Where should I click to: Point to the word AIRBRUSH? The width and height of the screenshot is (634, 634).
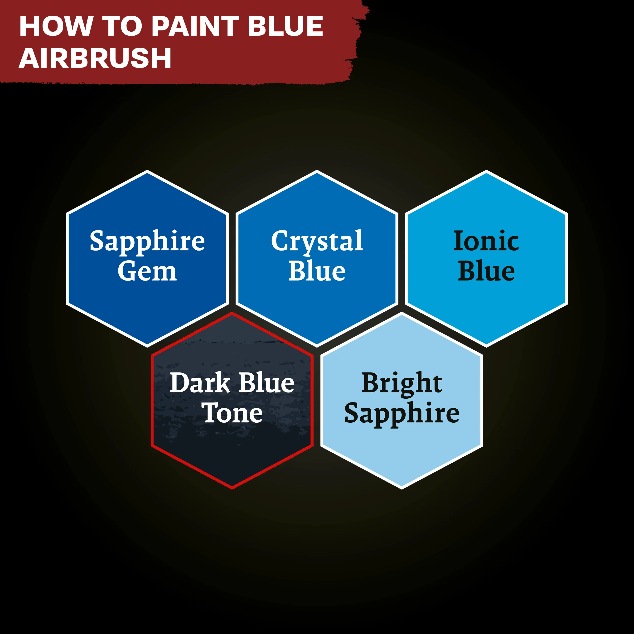(x=95, y=58)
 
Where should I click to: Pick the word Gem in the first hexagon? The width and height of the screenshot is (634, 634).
(x=147, y=271)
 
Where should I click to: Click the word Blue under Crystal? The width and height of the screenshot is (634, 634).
(x=317, y=271)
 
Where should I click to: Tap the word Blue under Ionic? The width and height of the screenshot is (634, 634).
(x=486, y=271)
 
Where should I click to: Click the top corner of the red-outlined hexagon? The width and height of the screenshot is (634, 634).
(x=232, y=313)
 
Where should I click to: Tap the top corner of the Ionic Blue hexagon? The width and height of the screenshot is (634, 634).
(x=486, y=171)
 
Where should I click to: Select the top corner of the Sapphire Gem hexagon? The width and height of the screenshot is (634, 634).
(x=147, y=171)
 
